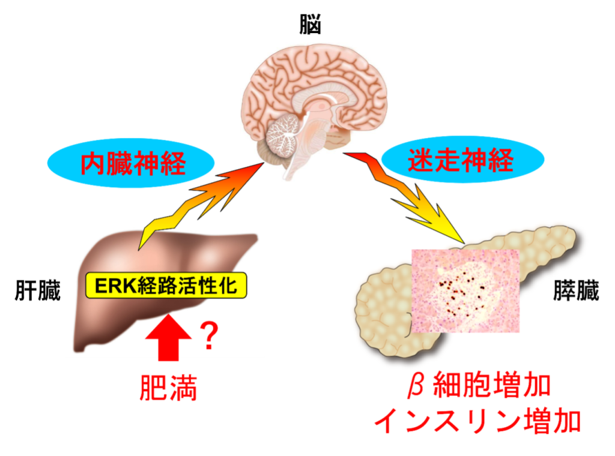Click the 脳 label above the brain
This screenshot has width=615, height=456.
click(x=310, y=24)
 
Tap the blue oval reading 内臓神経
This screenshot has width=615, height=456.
click(x=131, y=163)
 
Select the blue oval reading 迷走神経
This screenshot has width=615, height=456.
click(x=463, y=160)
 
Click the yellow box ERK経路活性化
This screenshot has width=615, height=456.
click(x=166, y=286)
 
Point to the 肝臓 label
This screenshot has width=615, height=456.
click(x=38, y=290)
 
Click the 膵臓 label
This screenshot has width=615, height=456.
click(x=576, y=290)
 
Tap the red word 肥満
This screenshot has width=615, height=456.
click(x=168, y=388)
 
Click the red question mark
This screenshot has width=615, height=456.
click(x=209, y=336)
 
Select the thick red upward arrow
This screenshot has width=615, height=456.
click(x=169, y=338)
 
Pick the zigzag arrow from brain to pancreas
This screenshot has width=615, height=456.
click(x=404, y=196)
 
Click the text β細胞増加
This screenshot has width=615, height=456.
click(x=479, y=386)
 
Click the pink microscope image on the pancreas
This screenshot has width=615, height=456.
click(x=465, y=290)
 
